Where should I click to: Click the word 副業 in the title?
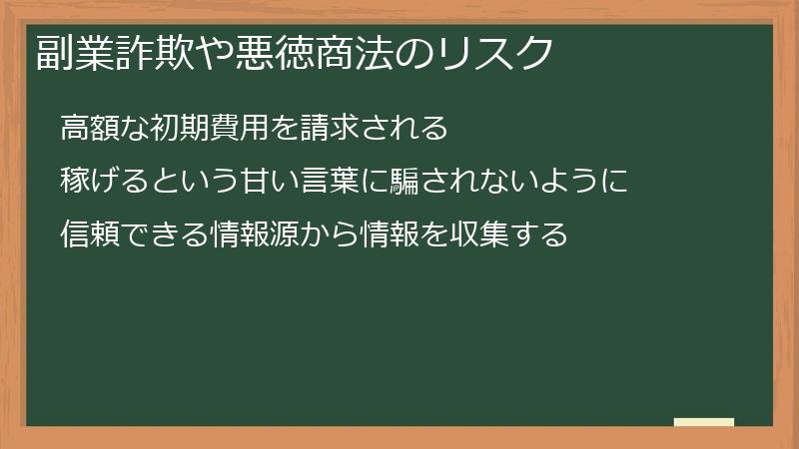(67, 53)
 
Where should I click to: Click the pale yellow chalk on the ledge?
(704, 422)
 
